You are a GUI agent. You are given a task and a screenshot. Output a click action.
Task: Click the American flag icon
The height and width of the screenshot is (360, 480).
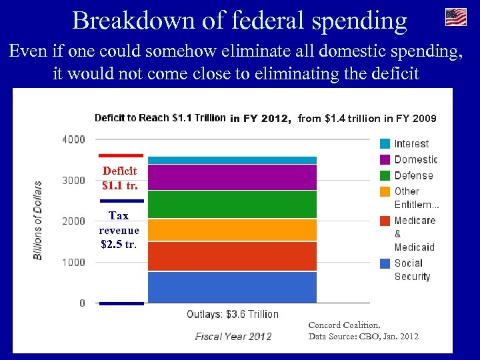tap(456, 17)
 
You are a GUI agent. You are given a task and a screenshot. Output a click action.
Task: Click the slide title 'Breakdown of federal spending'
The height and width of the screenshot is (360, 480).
tap(239, 21)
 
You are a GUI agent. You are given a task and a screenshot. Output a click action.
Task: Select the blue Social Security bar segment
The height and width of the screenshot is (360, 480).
tap(232, 287)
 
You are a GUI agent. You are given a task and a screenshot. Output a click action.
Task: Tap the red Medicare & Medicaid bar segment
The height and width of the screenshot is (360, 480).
tap(232, 256)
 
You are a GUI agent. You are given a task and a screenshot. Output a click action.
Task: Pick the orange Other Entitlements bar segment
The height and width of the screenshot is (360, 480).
tap(232, 230)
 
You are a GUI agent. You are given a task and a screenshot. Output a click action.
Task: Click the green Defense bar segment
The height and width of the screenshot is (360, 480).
tap(232, 204)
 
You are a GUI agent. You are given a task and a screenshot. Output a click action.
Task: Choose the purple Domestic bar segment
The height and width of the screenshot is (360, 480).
tap(232, 177)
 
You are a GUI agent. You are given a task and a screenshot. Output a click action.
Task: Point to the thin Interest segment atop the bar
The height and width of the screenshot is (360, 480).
tap(232, 160)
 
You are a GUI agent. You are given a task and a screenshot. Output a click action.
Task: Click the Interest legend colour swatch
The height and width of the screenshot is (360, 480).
tap(385, 143)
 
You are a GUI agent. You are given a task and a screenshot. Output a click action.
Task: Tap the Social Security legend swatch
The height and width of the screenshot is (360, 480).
tap(385, 263)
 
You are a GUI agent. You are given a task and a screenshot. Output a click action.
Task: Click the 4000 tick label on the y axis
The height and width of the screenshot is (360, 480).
tap(73, 139)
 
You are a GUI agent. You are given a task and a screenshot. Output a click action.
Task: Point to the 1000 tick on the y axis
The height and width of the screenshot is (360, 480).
tap(73, 262)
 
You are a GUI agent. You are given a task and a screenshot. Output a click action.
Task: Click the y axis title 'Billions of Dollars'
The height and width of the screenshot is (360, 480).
tap(39, 220)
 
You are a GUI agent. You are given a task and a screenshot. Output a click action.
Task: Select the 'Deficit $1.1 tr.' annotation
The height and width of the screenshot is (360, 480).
tap(120, 177)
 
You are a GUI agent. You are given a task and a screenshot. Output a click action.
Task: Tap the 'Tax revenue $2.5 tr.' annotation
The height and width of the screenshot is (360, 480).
tap(119, 230)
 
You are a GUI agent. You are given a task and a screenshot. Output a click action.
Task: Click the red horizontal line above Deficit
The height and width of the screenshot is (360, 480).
tap(121, 155)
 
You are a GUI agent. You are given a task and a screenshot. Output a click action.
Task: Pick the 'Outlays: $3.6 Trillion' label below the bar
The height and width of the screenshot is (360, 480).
tap(232, 314)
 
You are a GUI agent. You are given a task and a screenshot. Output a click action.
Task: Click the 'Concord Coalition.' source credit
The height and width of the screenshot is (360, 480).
tap(344, 325)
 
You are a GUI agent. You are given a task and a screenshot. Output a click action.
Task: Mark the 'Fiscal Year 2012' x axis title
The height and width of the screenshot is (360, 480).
tap(233, 336)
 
